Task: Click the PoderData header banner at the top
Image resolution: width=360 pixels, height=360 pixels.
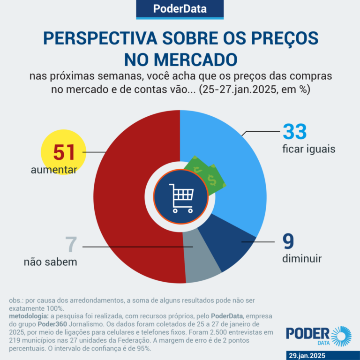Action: tap(180, 9)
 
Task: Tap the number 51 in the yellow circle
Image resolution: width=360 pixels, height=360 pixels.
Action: tap(64, 152)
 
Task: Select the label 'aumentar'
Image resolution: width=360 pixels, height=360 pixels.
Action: tap(54, 170)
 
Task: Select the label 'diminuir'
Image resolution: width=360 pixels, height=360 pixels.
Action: tap(302, 258)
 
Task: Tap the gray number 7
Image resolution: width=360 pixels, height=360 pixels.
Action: tap(70, 245)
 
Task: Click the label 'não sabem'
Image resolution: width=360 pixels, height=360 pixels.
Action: tap(51, 262)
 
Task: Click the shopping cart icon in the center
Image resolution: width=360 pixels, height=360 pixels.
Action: tap(180, 196)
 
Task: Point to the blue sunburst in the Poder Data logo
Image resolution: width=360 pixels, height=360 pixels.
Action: tap(341, 336)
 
